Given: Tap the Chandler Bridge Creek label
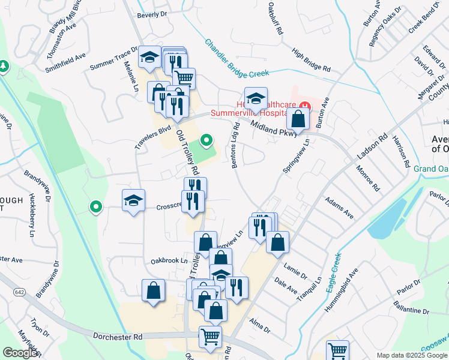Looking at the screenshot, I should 237,59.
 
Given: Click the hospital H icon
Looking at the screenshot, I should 306,107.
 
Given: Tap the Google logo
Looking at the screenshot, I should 20,353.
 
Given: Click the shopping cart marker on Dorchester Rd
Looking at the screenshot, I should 210,337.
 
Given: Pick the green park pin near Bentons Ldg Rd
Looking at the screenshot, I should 206,140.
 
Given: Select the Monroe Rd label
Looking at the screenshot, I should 367,178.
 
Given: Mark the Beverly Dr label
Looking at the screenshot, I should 151,14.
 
